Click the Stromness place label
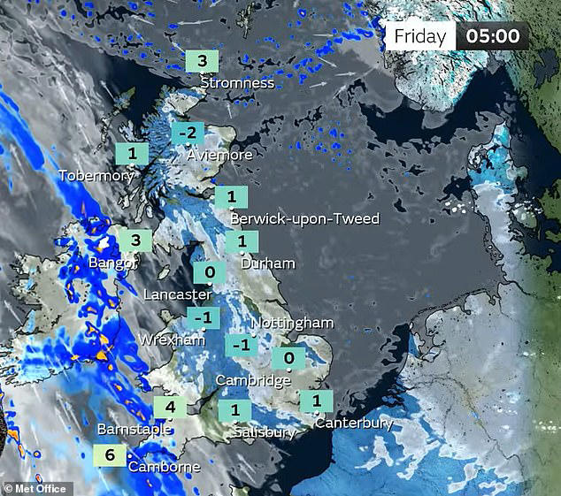(x=237, y=83)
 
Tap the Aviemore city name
(x=220, y=155)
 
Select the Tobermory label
(x=96, y=176)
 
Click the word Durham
(x=268, y=263)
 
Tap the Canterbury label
(x=354, y=423)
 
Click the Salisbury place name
(x=265, y=432)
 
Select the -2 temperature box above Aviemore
(x=188, y=134)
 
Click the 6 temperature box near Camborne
(x=109, y=455)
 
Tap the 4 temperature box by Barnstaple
(x=170, y=408)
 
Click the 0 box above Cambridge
(x=289, y=358)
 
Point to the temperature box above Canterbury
(x=316, y=401)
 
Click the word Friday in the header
(x=420, y=37)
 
